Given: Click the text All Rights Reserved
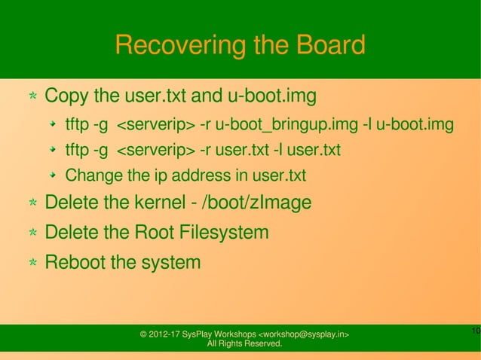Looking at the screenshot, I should tap(244, 344).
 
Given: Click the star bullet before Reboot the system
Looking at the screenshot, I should tap(34, 264).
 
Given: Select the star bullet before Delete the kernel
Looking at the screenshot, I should tap(34, 203).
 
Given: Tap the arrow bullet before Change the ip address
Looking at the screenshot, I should tap(54, 176).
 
